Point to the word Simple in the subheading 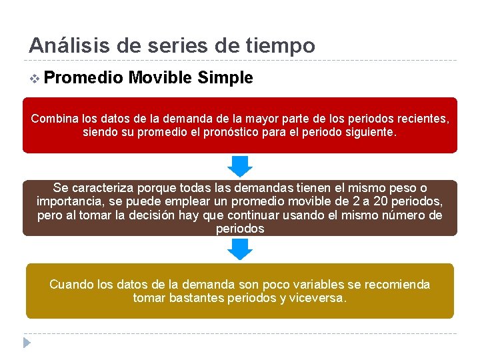pos(225,78)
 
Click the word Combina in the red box pos(55,119)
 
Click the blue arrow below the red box pos(240,166)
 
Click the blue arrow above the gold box pos(240,249)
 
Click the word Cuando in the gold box pos(71,285)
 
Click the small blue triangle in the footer pos(27,343)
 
